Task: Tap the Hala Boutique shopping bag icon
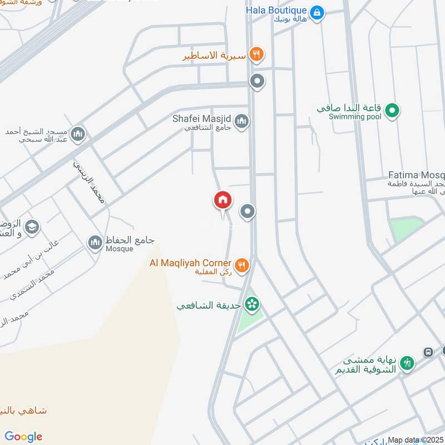(317, 12)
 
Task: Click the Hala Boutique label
(276, 10)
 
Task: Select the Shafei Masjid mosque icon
(241, 121)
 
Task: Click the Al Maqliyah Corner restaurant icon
(241, 265)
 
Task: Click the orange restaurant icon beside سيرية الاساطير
(256, 54)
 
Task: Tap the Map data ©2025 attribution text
(416, 439)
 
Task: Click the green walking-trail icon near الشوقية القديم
(407, 362)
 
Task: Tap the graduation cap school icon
(32, 227)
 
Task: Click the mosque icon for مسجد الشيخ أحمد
(78, 134)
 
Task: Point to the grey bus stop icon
(428, 352)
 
